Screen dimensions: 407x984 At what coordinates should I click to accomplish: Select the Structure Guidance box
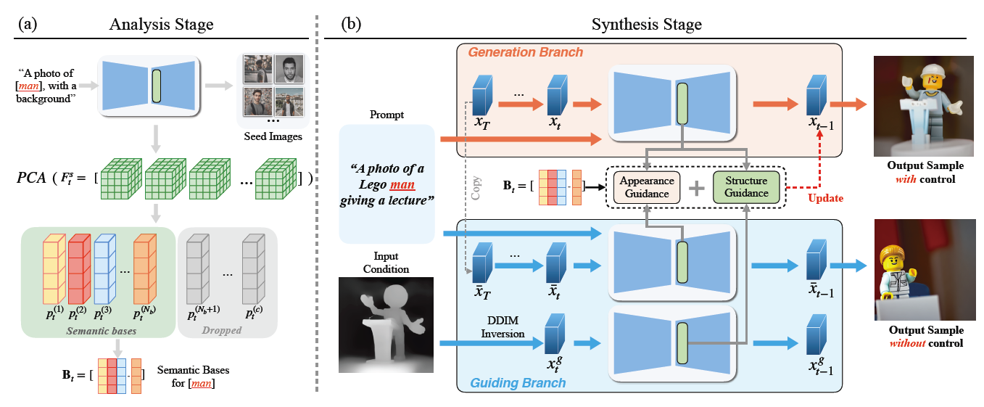coord(746,186)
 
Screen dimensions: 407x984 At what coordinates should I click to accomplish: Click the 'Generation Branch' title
coord(525,52)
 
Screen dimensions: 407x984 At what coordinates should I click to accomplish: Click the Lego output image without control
coord(920,269)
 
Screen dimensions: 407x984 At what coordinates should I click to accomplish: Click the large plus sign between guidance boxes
coord(696,187)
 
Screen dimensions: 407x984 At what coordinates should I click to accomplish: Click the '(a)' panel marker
coord(27,24)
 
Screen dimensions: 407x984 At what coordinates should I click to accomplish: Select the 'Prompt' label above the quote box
coord(386,115)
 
